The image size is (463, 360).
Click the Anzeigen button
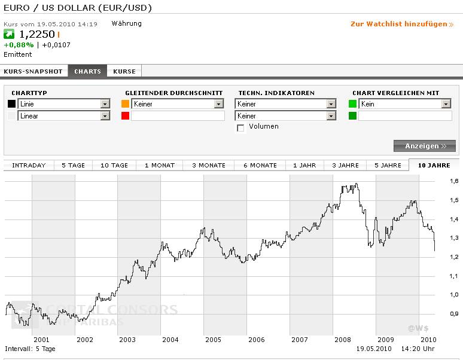click(425, 146)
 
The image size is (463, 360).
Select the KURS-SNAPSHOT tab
click(33, 71)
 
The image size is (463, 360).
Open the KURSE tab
click(124, 71)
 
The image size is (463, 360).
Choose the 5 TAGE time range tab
click(73, 165)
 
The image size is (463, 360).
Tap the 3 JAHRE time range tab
click(345, 165)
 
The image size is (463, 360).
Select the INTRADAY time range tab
click(29, 165)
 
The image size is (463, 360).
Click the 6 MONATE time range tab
click(260, 165)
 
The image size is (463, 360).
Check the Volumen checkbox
click(240, 128)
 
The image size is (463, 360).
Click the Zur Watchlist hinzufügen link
click(401, 24)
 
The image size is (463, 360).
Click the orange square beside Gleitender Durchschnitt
click(125, 104)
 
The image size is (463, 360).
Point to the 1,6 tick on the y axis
click(453, 181)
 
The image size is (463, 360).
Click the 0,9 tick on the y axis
click(453, 313)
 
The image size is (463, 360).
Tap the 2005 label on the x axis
click(214, 340)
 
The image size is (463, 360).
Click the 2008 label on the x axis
click(343, 340)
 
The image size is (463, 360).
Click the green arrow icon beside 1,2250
click(9, 34)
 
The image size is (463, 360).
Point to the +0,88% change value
click(19, 45)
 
